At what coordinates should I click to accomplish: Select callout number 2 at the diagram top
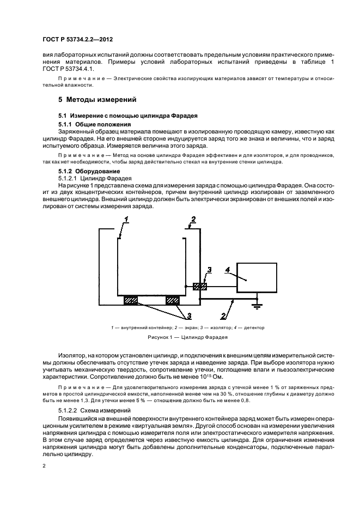point(193,220)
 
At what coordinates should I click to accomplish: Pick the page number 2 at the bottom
point(45,466)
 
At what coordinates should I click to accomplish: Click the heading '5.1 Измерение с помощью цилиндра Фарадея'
point(127,116)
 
